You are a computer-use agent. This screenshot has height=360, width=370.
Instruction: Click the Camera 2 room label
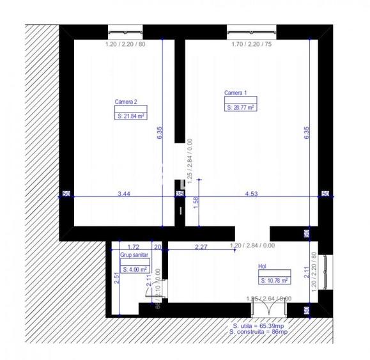tap(126, 102)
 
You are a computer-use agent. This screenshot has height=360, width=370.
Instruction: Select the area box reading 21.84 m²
tap(131, 116)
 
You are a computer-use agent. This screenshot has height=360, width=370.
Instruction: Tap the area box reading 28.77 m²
tap(241, 109)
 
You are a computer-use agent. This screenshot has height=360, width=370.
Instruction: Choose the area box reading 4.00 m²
tap(135, 270)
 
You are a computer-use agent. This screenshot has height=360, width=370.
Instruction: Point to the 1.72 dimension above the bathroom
tap(133, 246)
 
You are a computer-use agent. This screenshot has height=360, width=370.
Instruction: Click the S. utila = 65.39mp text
tap(258, 326)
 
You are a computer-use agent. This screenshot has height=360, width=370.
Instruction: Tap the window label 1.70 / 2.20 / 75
tap(252, 45)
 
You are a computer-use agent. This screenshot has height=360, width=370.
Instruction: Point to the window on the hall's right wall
tap(327, 272)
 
